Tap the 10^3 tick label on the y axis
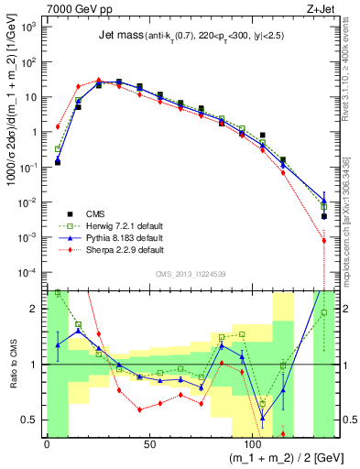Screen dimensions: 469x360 click(x=28, y=27)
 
